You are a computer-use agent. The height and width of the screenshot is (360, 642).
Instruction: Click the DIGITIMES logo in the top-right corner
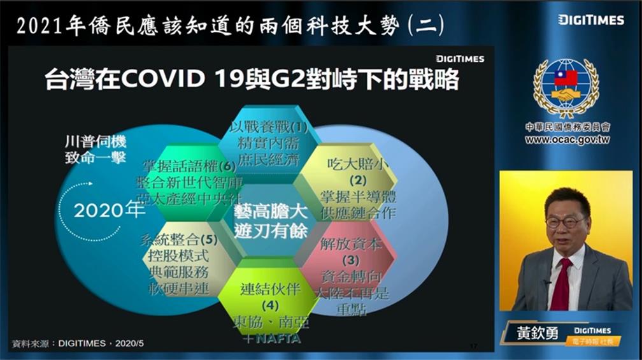[x=591, y=20]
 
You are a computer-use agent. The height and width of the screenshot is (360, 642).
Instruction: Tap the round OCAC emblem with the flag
[x=566, y=88]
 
